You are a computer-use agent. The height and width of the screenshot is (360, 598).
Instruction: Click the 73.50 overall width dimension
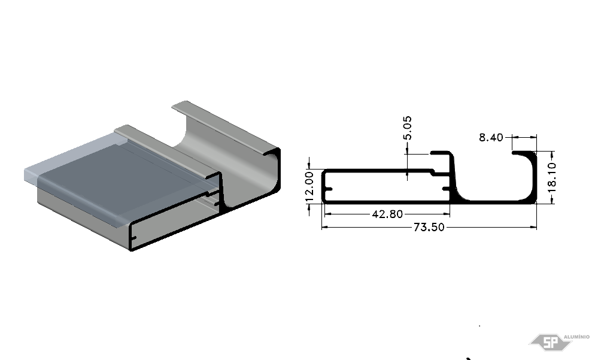pos(429,227)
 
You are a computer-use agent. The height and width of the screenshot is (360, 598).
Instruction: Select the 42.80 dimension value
pos(387,214)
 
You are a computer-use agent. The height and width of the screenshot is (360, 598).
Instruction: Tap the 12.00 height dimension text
pos(309,186)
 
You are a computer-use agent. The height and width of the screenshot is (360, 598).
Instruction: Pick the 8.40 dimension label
pos(491,137)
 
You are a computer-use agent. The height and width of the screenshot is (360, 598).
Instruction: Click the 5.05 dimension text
pos(407,128)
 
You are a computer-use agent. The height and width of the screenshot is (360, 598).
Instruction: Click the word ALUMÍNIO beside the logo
pos(576,337)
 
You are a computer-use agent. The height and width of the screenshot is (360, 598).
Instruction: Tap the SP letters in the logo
pos(550,342)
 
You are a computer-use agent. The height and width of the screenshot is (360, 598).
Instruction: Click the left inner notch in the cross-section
pos(328,189)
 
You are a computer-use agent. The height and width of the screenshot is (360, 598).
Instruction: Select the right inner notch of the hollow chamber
pos(446,189)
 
